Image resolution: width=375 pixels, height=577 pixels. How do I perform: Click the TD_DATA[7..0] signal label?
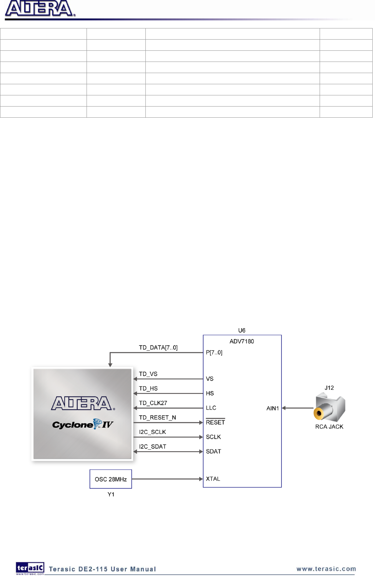click(158, 348)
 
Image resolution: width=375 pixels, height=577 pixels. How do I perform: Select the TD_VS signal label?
click(148, 374)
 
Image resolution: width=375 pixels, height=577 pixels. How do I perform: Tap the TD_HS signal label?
click(148, 389)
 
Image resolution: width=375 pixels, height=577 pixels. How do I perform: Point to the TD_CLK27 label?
click(153, 403)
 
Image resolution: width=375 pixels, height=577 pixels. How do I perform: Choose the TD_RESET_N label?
click(157, 417)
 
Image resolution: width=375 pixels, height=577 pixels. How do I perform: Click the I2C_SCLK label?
click(152, 432)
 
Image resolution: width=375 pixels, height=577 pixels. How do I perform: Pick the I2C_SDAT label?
click(152, 447)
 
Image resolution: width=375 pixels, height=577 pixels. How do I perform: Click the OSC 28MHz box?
click(111, 479)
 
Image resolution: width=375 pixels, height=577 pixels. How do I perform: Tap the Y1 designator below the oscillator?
click(111, 494)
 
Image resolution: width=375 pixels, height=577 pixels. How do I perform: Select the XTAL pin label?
click(213, 479)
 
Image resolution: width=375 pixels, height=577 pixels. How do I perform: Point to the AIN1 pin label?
click(273, 408)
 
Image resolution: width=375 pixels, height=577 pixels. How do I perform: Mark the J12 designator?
click(329, 388)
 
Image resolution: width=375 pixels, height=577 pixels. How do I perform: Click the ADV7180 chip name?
click(242, 341)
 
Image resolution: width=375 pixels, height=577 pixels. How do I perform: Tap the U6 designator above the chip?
click(242, 330)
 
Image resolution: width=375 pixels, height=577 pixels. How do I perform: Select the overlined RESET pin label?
click(215, 422)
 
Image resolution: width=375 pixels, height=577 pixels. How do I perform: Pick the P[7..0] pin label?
click(214, 352)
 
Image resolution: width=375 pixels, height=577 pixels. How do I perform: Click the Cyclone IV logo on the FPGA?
click(83, 425)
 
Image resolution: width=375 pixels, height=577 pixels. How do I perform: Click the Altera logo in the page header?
click(40, 9)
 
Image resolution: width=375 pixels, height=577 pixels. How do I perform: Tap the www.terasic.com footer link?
click(326, 569)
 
